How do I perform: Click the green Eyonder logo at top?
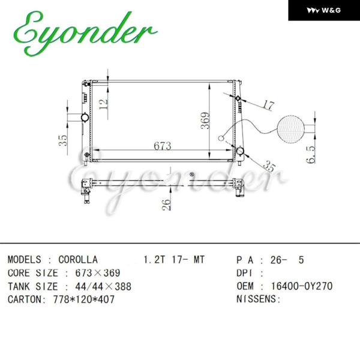(x=85, y=34)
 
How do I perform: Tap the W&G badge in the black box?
(x=324, y=10)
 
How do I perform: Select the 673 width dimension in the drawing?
(x=163, y=146)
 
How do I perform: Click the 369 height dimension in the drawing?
(x=205, y=121)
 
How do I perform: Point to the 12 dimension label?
(x=103, y=104)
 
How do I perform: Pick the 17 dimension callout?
(x=268, y=105)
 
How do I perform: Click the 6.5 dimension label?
(x=311, y=155)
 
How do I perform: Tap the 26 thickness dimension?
(x=166, y=205)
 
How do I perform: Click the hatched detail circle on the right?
(x=290, y=129)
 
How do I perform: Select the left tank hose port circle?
(x=85, y=118)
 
